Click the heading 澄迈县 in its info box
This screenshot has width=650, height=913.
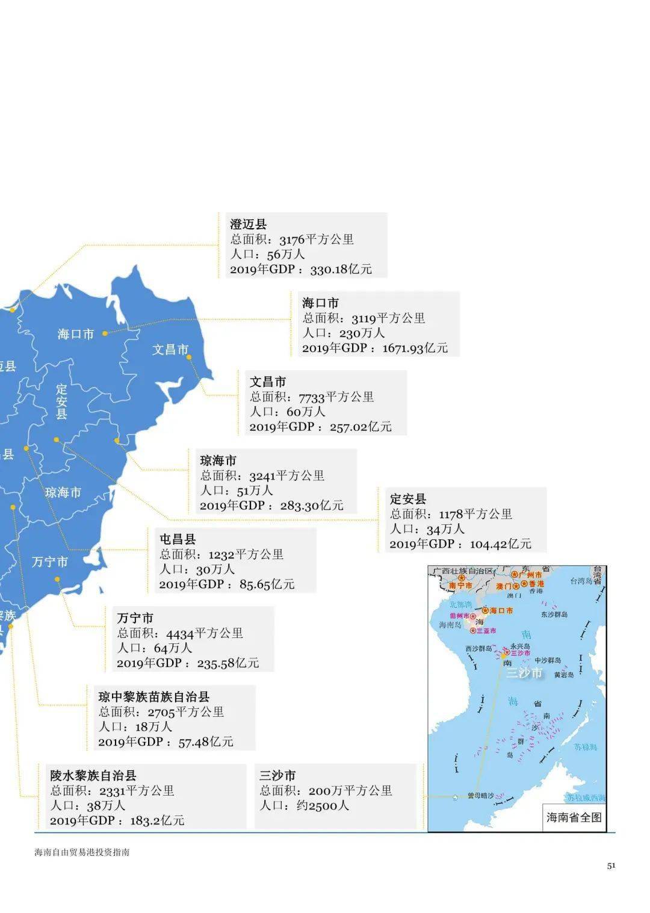pos(248,224)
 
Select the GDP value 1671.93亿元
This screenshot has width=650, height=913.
pos(415,348)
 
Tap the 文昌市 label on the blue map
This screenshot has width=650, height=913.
pos(170,350)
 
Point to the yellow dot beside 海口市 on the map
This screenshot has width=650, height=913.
pos(105,333)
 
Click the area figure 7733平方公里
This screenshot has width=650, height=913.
pos(336,397)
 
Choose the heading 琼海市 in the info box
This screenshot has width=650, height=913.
pos(218,460)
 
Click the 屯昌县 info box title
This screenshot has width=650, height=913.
pos(178,539)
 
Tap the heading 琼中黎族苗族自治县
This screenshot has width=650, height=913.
pos(154,697)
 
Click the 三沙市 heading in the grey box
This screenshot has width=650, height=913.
pos(277,775)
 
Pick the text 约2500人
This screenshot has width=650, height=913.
pos(323,805)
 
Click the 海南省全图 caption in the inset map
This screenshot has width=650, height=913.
pos(574,817)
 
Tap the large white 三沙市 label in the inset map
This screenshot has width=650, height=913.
pos(524,672)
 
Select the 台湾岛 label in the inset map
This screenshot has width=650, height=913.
pos(581,581)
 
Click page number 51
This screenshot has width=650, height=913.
pos(611,865)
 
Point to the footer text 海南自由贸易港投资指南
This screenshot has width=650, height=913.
pos(82,852)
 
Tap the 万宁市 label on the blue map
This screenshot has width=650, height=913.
pos(50,562)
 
